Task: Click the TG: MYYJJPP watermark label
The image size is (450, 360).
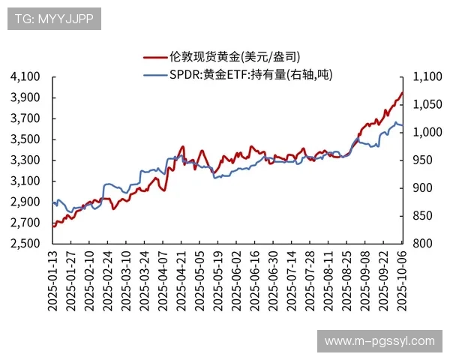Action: (x=53, y=19)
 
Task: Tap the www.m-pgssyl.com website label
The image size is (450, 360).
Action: (x=379, y=341)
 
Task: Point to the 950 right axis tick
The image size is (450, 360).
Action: (x=420, y=160)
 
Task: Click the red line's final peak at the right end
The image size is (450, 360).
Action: (x=403, y=93)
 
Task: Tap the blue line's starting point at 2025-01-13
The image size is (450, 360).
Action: (x=53, y=203)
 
